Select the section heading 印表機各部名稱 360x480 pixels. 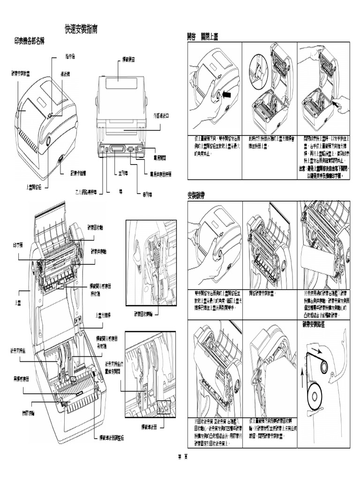[29, 41]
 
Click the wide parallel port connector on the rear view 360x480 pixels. [117, 150]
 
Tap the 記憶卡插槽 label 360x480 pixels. [80, 172]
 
